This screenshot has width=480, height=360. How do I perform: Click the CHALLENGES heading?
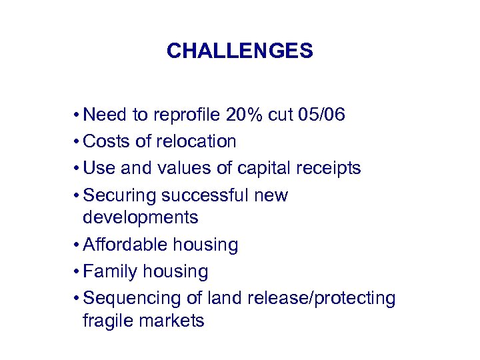[x=239, y=51]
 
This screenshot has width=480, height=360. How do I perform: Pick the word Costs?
[x=107, y=141]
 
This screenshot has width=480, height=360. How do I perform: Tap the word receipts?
[x=328, y=168]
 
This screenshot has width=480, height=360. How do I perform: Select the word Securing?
[x=117, y=195]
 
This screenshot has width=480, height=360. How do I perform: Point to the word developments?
[x=140, y=217]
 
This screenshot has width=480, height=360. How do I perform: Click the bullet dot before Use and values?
[x=78, y=168]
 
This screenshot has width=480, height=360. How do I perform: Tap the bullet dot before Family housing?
[x=78, y=271]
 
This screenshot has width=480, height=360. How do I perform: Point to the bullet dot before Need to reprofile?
[x=78, y=115]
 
